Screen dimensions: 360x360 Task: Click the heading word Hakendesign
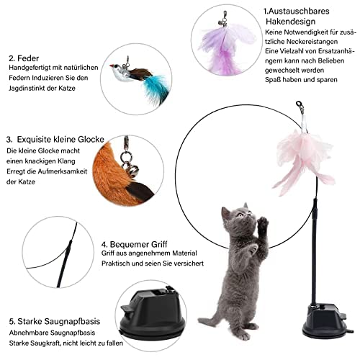(x=290, y=22)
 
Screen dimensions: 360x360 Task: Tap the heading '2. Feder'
(x=24, y=58)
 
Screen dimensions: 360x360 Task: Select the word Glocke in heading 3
(x=91, y=140)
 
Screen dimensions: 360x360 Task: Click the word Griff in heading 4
(x=156, y=244)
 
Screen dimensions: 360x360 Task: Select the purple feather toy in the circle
(x=225, y=48)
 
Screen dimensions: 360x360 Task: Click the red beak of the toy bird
(x=112, y=66)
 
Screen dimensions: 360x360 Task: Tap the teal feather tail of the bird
(x=156, y=88)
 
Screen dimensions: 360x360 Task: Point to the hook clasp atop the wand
(x=300, y=107)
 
